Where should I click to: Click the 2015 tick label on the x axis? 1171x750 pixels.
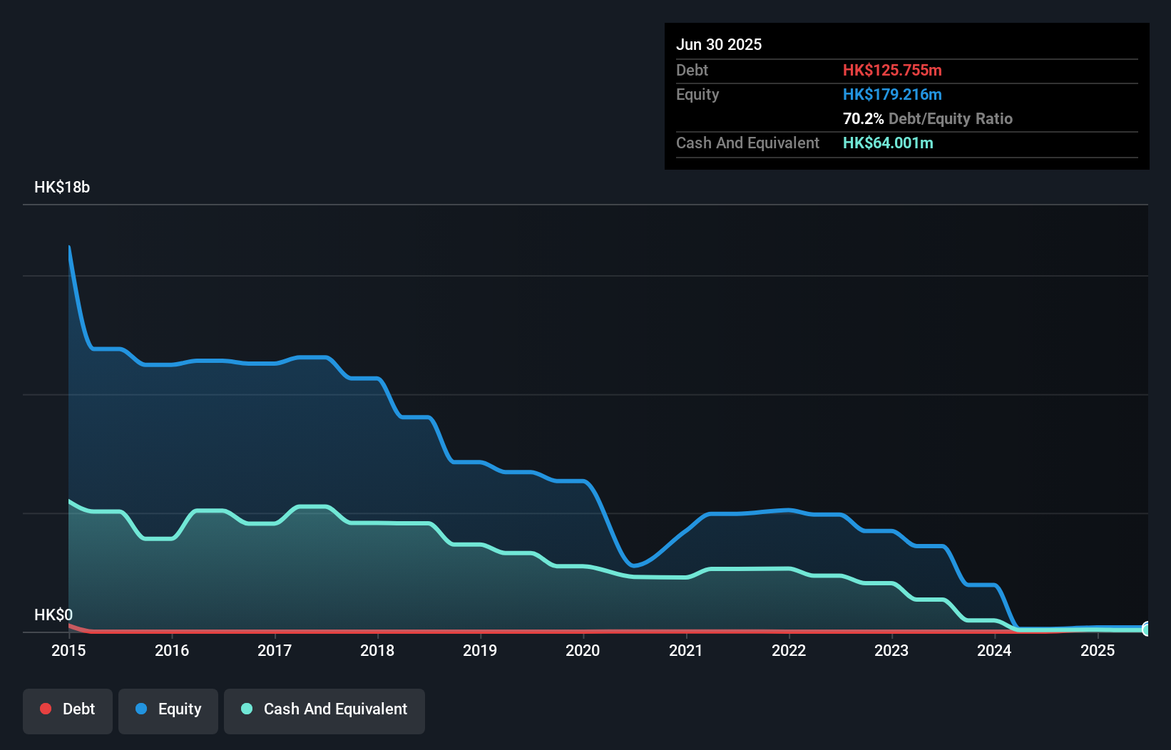coord(68,650)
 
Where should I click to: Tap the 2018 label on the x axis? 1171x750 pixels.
coord(377,650)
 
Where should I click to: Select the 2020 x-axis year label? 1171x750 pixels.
coord(583,650)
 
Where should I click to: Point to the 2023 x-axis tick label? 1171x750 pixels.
coord(891,650)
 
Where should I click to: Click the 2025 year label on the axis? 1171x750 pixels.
coord(1098,650)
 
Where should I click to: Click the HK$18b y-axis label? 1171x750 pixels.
coord(62,187)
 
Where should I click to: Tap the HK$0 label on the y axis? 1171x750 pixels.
coord(53,615)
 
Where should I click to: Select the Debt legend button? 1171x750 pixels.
coord(68,709)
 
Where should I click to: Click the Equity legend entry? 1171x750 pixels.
coord(168,709)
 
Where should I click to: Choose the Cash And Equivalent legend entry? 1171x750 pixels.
coord(324,709)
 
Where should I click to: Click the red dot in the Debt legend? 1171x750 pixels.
coord(46,709)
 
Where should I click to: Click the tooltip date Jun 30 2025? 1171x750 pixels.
coord(719,45)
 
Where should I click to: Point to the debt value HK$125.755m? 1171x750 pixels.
coord(892,71)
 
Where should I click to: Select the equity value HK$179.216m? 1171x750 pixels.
coord(892,95)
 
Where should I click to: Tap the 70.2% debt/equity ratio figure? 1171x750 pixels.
coord(863,119)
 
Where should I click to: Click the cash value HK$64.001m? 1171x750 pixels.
coord(888,143)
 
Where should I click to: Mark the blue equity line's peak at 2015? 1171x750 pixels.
coord(69,247)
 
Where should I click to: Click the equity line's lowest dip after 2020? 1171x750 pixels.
coord(634,566)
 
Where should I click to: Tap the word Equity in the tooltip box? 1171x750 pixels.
coord(697,95)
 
